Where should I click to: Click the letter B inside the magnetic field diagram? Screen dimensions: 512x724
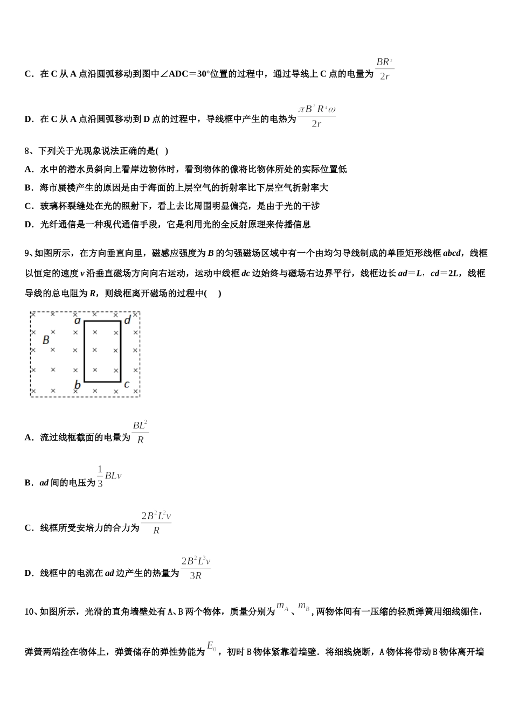(x=46, y=340)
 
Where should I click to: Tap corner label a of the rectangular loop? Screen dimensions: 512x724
(x=78, y=321)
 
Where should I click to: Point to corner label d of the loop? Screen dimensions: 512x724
(x=127, y=321)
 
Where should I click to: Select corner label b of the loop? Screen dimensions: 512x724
(x=78, y=385)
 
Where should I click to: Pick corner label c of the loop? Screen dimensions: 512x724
(x=127, y=385)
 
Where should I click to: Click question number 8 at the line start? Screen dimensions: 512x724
(x=27, y=151)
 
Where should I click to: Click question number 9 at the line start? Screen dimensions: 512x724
(x=27, y=253)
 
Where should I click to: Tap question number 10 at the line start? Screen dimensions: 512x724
(x=30, y=611)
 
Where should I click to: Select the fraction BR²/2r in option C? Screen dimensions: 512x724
(x=384, y=69)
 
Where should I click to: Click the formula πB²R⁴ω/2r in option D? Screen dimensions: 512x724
(x=317, y=116)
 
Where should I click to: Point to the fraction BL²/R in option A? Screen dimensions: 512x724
(x=140, y=432)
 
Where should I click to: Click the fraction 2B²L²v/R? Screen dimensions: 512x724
(x=156, y=523)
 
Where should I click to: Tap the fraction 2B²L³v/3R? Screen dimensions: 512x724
(x=196, y=568)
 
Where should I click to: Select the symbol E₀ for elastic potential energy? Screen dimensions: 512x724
(x=212, y=646)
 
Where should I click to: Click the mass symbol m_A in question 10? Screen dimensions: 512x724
(x=282, y=607)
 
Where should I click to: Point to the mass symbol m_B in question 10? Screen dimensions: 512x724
(x=303, y=607)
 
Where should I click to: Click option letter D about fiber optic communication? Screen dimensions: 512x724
(x=29, y=225)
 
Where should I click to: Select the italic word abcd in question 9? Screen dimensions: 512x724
(x=452, y=253)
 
